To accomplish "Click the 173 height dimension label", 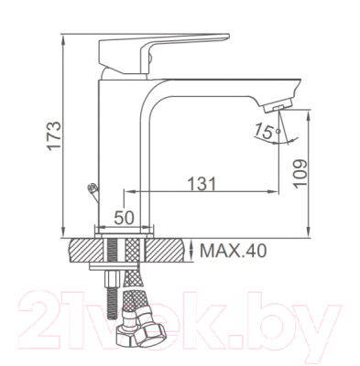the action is pos(55,135).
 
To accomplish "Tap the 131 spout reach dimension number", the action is pos(202,184).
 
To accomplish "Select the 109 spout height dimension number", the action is pos(300,174).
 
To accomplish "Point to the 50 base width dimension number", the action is pos(124,218).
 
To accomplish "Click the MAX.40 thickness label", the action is pos(233,251).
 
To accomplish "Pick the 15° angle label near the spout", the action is pos(265,131).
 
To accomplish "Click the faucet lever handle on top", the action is pos(164,53).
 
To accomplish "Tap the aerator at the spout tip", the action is pos(278,106).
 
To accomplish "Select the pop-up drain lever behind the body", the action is pos(93,192).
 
